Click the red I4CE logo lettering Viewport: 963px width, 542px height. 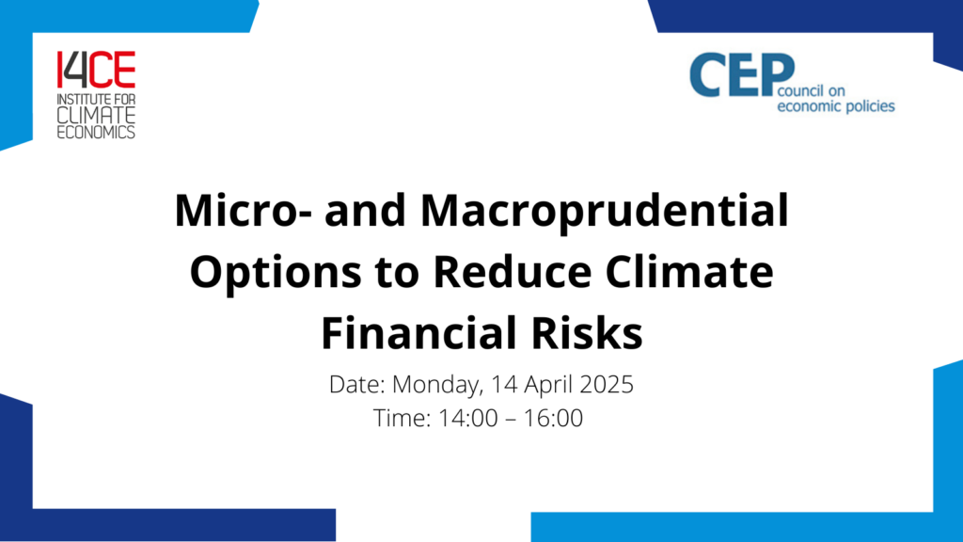[97, 70]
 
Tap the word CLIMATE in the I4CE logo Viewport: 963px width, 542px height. [97, 115]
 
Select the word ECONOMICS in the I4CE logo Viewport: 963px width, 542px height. [97, 132]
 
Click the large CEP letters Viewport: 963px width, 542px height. [742, 75]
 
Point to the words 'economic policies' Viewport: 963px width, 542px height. [836, 106]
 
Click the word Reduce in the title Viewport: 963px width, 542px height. [513, 272]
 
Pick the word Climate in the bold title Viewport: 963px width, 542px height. [689, 272]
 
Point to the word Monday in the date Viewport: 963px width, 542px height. [438, 385]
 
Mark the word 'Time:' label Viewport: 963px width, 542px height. [402, 419]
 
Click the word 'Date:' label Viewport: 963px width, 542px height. [356, 385]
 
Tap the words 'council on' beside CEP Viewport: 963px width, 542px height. [812, 91]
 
